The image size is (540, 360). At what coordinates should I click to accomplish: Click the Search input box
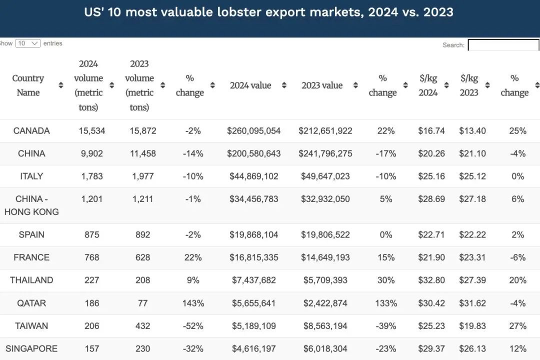[x=503, y=45]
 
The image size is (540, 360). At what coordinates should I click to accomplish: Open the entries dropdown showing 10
[x=28, y=43]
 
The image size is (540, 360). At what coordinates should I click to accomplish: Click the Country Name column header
[x=28, y=85]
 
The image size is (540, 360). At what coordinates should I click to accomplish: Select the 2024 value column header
[x=250, y=85]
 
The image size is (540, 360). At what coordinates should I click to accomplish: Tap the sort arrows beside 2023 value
[x=355, y=85]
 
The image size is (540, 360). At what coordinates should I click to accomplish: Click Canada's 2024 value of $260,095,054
[x=253, y=131]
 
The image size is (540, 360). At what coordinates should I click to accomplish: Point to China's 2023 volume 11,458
[x=143, y=153]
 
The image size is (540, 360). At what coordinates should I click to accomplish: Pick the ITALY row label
[x=31, y=176]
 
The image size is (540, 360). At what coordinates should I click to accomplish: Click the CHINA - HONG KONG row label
[x=31, y=205]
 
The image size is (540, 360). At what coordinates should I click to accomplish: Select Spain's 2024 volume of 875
[x=92, y=234]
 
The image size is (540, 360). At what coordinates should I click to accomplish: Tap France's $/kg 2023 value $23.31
[x=472, y=257]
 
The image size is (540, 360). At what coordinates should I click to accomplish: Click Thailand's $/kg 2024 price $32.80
[x=431, y=280]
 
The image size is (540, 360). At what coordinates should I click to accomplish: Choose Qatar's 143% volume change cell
[x=193, y=303]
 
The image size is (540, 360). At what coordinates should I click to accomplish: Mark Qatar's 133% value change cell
[x=386, y=303]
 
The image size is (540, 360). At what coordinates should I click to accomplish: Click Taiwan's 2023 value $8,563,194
[x=325, y=326]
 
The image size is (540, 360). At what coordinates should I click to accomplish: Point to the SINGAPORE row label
[x=31, y=348]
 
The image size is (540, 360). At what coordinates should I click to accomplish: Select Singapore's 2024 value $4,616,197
[x=253, y=348]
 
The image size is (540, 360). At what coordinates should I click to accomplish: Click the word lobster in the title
[x=231, y=12]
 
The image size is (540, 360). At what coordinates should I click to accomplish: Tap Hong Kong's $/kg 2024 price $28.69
[x=431, y=199]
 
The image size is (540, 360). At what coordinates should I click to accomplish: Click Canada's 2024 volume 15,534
[x=92, y=131]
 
